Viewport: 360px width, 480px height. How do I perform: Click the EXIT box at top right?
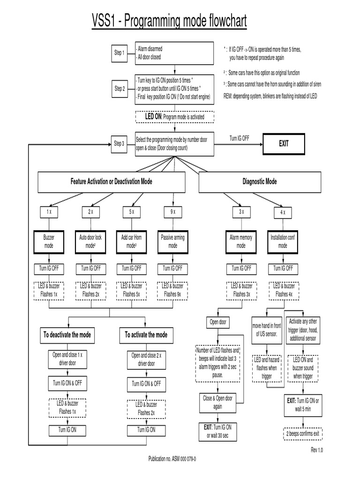click(x=284, y=144)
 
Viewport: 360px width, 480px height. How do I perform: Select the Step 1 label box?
click(x=120, y=53)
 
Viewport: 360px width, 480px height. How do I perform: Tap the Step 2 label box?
click(x=120, y=89)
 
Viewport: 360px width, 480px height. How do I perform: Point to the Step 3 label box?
click(x=120, y=143)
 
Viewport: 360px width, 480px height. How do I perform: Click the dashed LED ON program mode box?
click(x=174, y=116)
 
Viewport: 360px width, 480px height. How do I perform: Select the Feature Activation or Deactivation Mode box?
click(x=112, y=181)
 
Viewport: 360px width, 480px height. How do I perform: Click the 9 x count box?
click(x=172, y=212)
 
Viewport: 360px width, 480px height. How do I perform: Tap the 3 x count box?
click(x=241, y=212)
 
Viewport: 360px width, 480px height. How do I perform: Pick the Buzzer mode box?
click(x=49, y=241)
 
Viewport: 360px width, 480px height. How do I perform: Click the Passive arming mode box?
click(x=172, y=241)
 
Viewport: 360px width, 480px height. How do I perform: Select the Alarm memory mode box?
click(x=241, y=241)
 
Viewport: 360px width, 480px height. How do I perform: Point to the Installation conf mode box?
click(x=283, y=241)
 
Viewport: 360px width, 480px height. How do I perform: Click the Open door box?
click(x=217, y=322)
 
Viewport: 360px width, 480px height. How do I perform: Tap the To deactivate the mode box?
click(x=67, y=335)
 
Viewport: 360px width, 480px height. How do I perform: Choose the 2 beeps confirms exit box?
click(x=303, y=434)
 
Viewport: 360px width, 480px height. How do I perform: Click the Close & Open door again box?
click(x=217, y=402)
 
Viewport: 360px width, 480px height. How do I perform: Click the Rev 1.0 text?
click(x=317, y=450)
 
